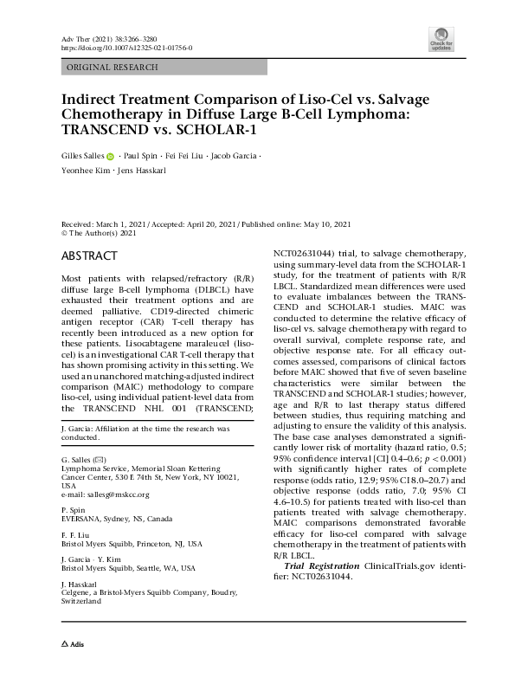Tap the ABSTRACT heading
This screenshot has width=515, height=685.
tap(89, 257)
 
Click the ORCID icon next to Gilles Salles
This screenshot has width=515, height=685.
tap(110, 157)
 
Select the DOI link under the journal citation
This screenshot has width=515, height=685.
tap(125, 49)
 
